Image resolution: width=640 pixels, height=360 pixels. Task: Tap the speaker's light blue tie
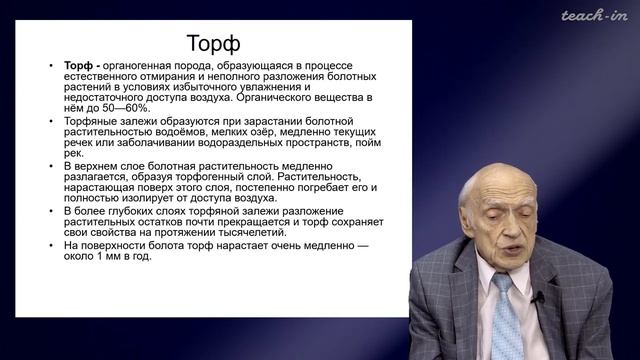coord(502,310)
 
